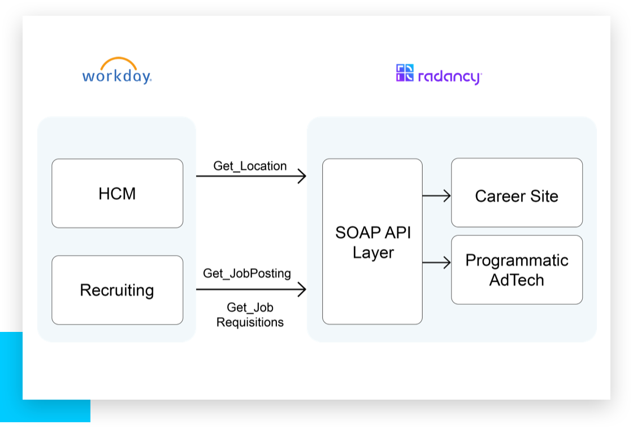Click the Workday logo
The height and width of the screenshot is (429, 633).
tap(117, 72)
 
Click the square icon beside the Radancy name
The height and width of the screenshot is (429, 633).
tap(405, 73)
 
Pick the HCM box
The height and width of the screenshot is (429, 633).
tap(117, 194)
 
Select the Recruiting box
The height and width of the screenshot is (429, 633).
tap(117, 290)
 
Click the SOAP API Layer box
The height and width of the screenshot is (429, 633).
tap(372, 242)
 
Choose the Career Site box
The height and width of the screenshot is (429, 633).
tap(517, 192)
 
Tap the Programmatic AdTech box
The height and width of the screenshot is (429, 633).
tap(517, 270)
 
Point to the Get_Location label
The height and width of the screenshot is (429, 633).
tap(250, 166)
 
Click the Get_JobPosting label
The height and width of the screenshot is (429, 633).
tap(247, 273)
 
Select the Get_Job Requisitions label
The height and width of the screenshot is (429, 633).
tap(250, 315)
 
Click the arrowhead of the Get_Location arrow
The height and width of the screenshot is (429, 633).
tap(302, 176)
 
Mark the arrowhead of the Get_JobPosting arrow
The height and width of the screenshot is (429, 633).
tap(302, 290)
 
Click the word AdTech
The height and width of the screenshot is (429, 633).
tap(517, 280)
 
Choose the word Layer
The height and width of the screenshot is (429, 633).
tap(373, 252)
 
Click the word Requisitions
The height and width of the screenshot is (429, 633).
tap(250, 323)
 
